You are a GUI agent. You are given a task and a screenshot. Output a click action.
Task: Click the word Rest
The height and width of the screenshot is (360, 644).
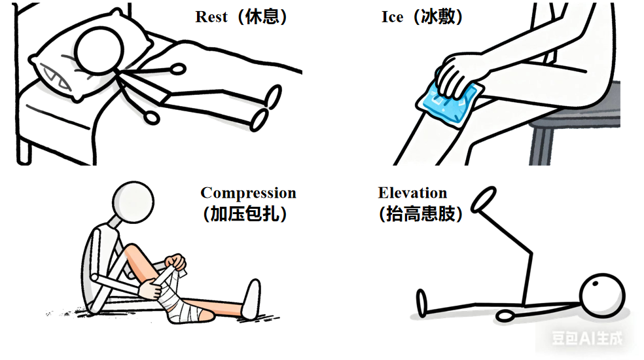coord(211,17)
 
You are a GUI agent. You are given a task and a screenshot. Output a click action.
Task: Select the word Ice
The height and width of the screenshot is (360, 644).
coord(392,17)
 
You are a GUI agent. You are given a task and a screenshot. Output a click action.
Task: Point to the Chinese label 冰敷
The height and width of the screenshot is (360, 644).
coord(438,17)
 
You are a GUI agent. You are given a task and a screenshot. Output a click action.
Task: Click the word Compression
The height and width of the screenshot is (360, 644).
coord(249,193)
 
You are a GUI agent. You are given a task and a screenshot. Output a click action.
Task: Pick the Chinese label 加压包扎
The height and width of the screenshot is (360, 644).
coord(245,213)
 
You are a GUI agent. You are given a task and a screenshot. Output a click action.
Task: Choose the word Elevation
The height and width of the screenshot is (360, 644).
coord(412,192)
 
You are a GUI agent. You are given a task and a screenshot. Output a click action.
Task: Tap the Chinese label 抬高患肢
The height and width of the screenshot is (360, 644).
coord(421,213)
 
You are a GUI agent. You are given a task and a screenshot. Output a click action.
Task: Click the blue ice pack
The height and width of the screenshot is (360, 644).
coord(450,103)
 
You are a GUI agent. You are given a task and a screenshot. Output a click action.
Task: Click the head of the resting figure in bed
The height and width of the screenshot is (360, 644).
coord(99,50)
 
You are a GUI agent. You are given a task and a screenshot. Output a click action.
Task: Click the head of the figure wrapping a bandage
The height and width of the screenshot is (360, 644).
coord(133,202)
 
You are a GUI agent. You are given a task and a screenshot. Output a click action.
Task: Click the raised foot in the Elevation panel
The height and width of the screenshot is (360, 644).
coord(484,200)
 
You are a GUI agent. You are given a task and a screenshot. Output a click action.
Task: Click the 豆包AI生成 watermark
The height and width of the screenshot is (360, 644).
coord(587,338)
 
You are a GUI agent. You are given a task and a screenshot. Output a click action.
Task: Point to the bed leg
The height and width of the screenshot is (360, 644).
coord(24,152)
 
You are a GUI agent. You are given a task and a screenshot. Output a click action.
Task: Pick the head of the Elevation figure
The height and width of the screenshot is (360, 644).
coord(602,296)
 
